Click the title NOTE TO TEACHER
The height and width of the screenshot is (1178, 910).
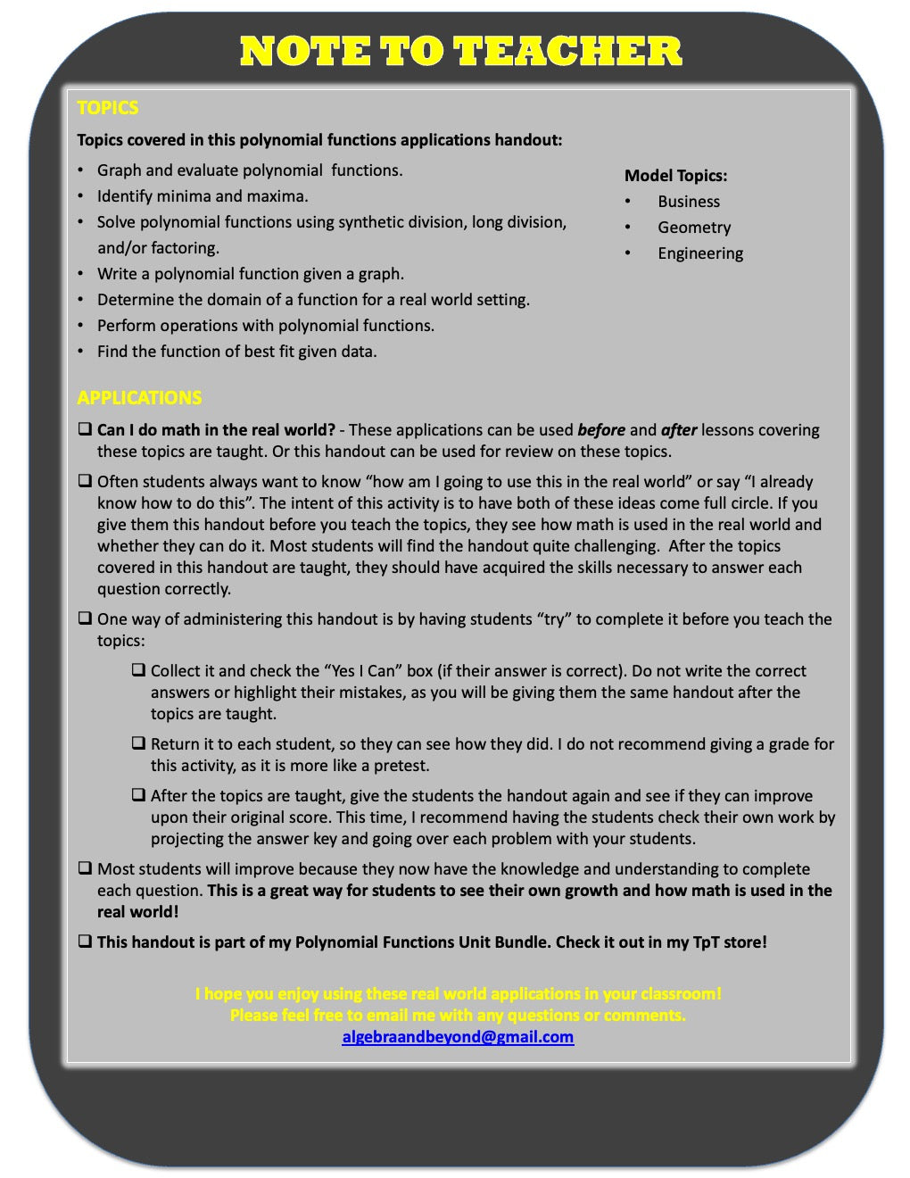tap(460, 52)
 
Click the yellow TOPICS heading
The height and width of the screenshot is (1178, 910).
tap(107, 108)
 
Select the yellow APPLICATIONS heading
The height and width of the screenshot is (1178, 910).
tap(139, 398)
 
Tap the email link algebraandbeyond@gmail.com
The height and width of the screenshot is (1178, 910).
tap(458, 1037)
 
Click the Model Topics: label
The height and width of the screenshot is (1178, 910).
tap(675, 176)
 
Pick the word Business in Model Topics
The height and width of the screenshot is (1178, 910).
tap(689, 202)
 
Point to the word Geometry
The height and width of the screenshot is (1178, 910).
tap(694, 228)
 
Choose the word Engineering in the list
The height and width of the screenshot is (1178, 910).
tap(700, 253)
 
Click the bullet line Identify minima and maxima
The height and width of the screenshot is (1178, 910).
tap(203, 196)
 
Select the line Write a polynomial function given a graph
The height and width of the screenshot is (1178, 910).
tap(250, 274)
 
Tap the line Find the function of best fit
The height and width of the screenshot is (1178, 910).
tap(236, 352)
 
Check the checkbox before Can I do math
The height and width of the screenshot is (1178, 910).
tap(85, 429)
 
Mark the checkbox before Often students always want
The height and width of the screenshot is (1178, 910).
tap(85, 481)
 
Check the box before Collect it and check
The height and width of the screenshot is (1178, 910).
tap(138, 670)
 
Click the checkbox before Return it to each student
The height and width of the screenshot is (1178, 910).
tap(138, 743)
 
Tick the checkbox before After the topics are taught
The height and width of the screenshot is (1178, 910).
tap(138, 795)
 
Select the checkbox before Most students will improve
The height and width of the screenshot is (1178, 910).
tap(85, 868)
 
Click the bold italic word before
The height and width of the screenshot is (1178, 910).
tap(601, 430)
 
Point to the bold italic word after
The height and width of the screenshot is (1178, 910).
tap(678, 430)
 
